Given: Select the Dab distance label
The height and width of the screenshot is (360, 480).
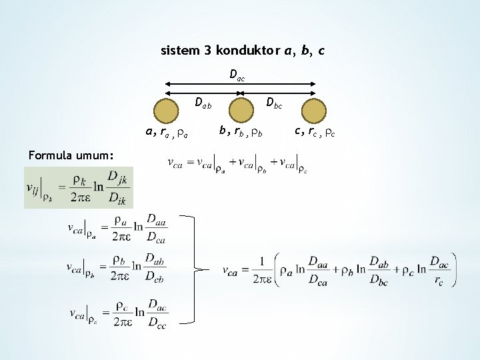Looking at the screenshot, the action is pyautogui.click(x=203, y=103).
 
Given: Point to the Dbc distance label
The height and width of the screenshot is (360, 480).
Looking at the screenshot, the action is pyautogui.click(x=274, y=103).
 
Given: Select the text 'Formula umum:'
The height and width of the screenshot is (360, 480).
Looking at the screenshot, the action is pyautogui.click(x=66, y=155).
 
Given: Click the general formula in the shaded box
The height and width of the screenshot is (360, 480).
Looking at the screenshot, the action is pyautogui.click(x=78, y=187).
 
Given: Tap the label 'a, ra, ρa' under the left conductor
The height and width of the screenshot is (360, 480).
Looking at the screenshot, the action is pyautogui.click(x=167, y=133).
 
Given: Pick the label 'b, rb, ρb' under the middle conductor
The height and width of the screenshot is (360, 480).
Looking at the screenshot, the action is pyautogui.click(x=241, y=132).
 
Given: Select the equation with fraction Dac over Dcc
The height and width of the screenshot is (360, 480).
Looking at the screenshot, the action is pyautogui.click(x=117, y=313).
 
